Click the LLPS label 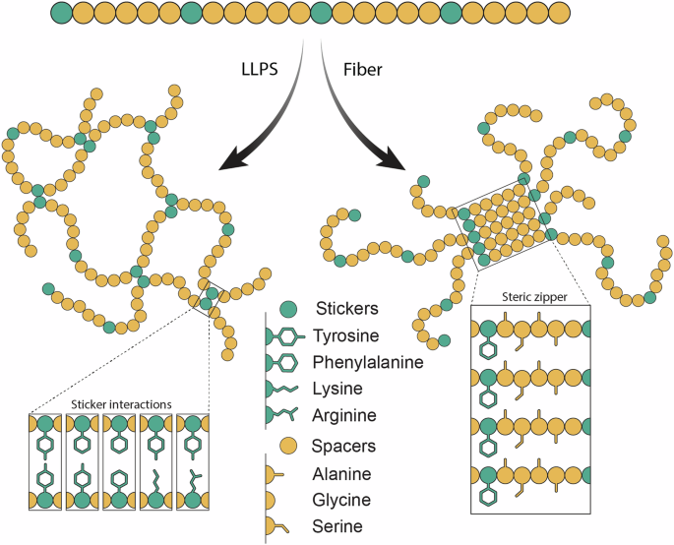tap(260, 69)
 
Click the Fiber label tap(362, 70)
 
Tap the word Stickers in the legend tap(347, 308)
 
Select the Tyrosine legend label tap(345, 335)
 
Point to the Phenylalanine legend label tap(368, 362)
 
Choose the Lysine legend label tap(337, 389)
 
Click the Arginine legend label tap(344, 415)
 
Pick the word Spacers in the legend tap(343, 446)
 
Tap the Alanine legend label tap(341, 474)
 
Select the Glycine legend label tap(341, 501)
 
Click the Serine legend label tap(337, 526)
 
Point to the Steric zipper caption tap(534, 297)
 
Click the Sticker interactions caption tap(121, 404)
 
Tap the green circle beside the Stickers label tap(288, 309)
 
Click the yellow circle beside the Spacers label tap(288, 446)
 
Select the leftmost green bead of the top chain tap(61, 13)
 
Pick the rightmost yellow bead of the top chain tap(559, 13)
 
